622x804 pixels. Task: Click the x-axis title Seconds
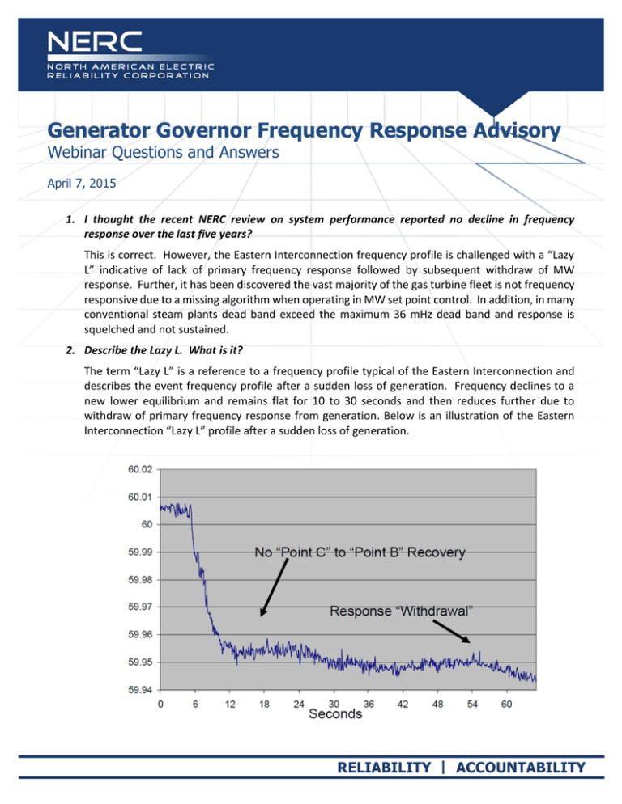point(333,715)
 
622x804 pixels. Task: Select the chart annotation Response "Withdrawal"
point(401,612)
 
